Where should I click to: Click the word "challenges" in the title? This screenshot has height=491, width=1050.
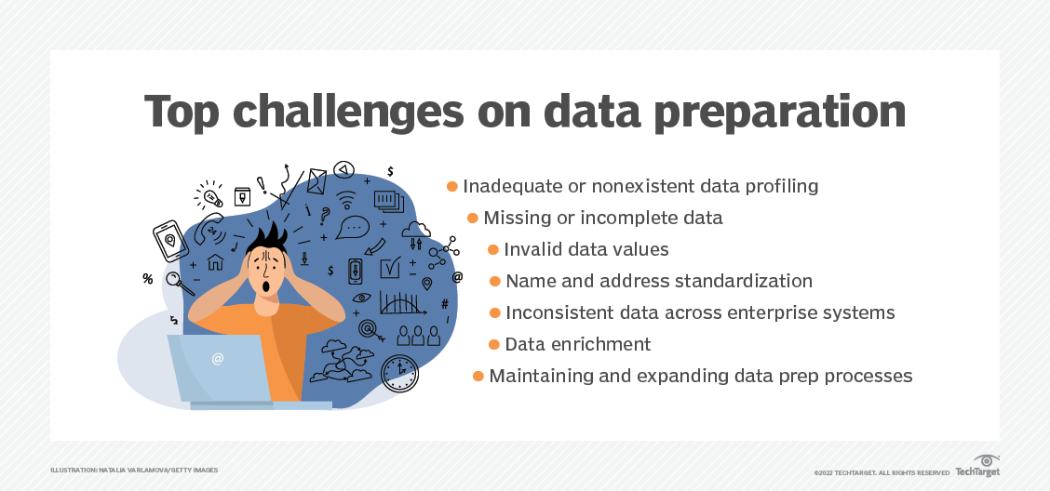[347, 111]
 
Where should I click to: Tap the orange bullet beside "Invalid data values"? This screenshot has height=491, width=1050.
[492, 249]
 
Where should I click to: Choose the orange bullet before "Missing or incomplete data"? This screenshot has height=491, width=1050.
[472, 219]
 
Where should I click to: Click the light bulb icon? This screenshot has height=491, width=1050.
[209, 195]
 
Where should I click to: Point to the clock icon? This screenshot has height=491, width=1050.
[399, 373]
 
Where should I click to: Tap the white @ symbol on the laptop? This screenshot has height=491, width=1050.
[218, 359]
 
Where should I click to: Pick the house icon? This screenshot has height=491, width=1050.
[216, 261]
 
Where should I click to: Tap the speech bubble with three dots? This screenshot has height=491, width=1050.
[352, 227]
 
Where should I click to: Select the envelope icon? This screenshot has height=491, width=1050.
[316, 180]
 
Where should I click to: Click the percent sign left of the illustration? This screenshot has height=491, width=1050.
[147, 279]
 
